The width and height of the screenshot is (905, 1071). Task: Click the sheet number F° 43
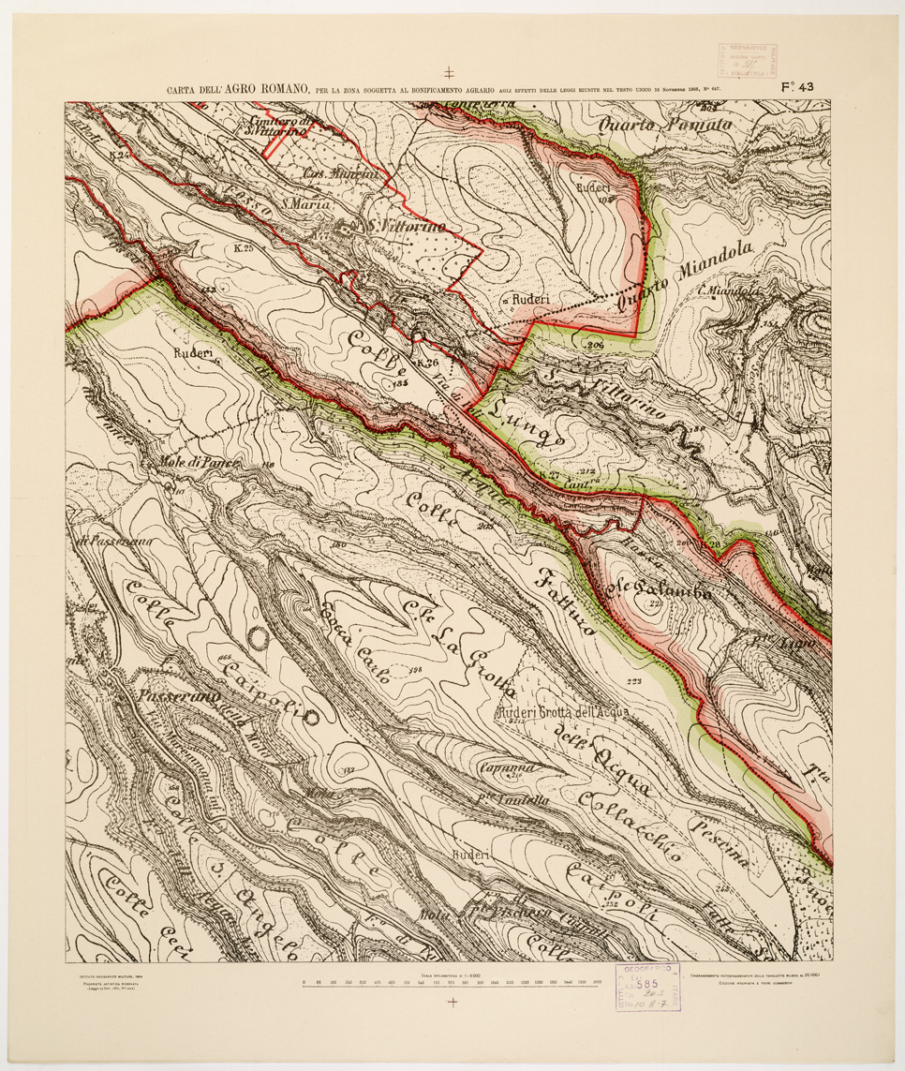pyautogui.click(x=796, y=87)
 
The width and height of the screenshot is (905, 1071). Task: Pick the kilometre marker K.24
pyautogui.click(x=118, y=153)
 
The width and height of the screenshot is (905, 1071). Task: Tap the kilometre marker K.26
pyautogui.click(x=427, y=363)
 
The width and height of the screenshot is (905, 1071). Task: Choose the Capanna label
pyautogui.click(x=508, y=767)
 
